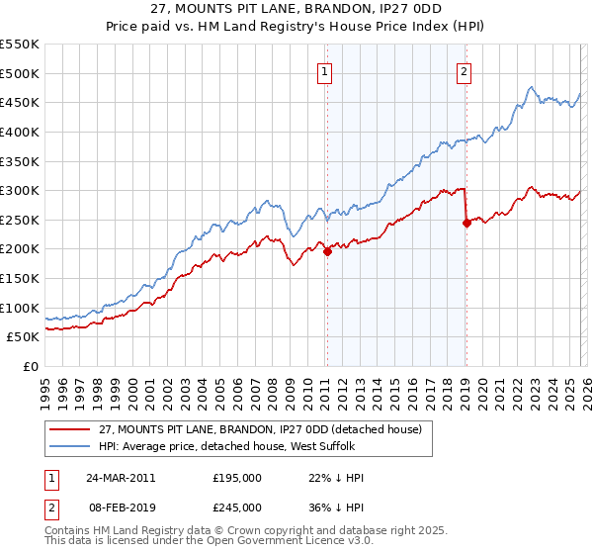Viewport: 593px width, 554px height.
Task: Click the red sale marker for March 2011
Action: point(327,251)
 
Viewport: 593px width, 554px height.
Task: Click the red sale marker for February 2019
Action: point(466,223)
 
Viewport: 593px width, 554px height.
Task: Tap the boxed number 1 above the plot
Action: point(325,70)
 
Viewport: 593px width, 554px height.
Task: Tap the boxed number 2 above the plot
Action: point(464,70)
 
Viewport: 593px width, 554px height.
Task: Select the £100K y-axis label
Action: point(20,308)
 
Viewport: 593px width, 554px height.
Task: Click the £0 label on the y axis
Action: point(31,366)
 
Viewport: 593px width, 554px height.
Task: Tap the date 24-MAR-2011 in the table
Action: point(121,477)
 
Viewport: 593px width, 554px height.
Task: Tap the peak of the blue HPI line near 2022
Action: point(531,87)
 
